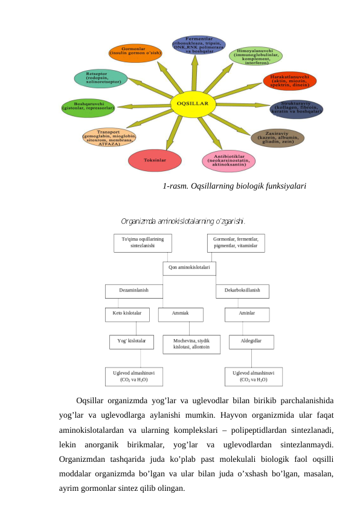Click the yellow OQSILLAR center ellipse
(193, 103)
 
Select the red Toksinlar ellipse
(155, 160)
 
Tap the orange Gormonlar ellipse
(135, 52)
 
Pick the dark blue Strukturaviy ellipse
(296, 109)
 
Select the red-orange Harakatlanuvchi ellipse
(290, 80)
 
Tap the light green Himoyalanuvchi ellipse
(256, 56)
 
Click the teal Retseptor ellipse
(101, 78)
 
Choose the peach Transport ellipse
(109, 137)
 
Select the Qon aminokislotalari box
(189, 267)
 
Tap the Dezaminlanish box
(134, 291)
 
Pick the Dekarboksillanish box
(242, 291)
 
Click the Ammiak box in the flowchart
(181, 315)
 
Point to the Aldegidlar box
(251, 342)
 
